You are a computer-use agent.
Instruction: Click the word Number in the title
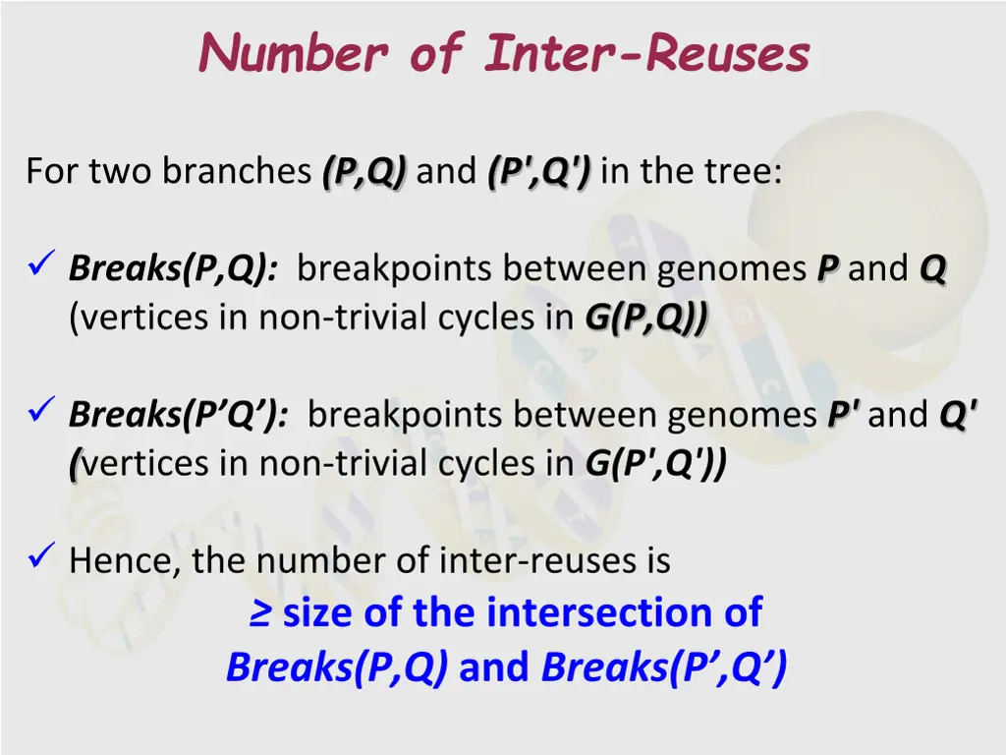292,53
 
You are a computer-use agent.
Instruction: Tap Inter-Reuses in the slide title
647,53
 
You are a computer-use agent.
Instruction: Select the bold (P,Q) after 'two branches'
363,172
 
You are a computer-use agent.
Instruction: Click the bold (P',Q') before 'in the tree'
538,172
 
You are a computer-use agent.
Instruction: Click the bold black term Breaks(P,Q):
173,268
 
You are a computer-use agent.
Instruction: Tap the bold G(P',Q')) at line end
656,463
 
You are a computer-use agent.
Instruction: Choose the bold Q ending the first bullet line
932,268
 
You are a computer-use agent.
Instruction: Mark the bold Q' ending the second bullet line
958,415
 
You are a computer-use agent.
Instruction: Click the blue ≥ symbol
259,613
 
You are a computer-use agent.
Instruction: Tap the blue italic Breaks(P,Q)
337,668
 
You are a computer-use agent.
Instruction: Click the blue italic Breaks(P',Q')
664,668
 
